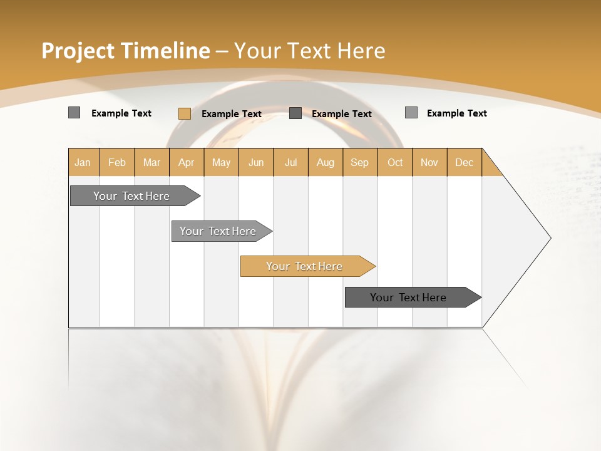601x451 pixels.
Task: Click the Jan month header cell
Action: [x=83, y=162]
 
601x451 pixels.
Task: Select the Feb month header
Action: [x=117, y=162]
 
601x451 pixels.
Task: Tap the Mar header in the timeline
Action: [x=152, y=162]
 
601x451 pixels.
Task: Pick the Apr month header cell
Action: [x=187, y=162]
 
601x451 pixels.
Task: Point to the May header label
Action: [x=221, y=162]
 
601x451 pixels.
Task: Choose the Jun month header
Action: [x=256, y=162]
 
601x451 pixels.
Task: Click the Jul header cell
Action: [x=290, y=162]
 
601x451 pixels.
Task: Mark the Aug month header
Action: [x=326, y=162]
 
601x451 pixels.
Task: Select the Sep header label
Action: [x=360, y=162]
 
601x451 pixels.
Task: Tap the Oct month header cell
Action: [x=395, y=162]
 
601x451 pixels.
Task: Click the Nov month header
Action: [x=429, y=162]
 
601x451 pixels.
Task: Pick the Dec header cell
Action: [x=464, y=162]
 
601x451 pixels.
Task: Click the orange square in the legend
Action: [x=184, y=113]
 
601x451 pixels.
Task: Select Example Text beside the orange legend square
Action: [x=231, y=113]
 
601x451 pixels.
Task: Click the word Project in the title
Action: [x=78, y=51]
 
